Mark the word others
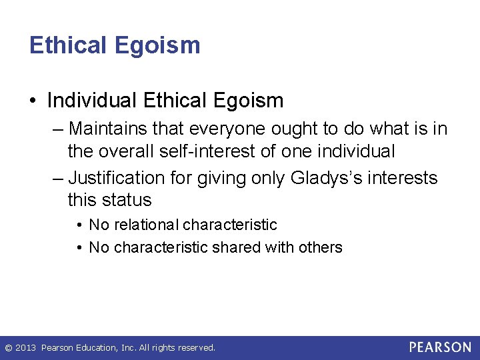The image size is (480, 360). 320,247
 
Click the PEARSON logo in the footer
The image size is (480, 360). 440,347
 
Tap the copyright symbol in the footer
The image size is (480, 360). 8,348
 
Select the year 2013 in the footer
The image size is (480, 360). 25,348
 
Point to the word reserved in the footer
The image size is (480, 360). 196,348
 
